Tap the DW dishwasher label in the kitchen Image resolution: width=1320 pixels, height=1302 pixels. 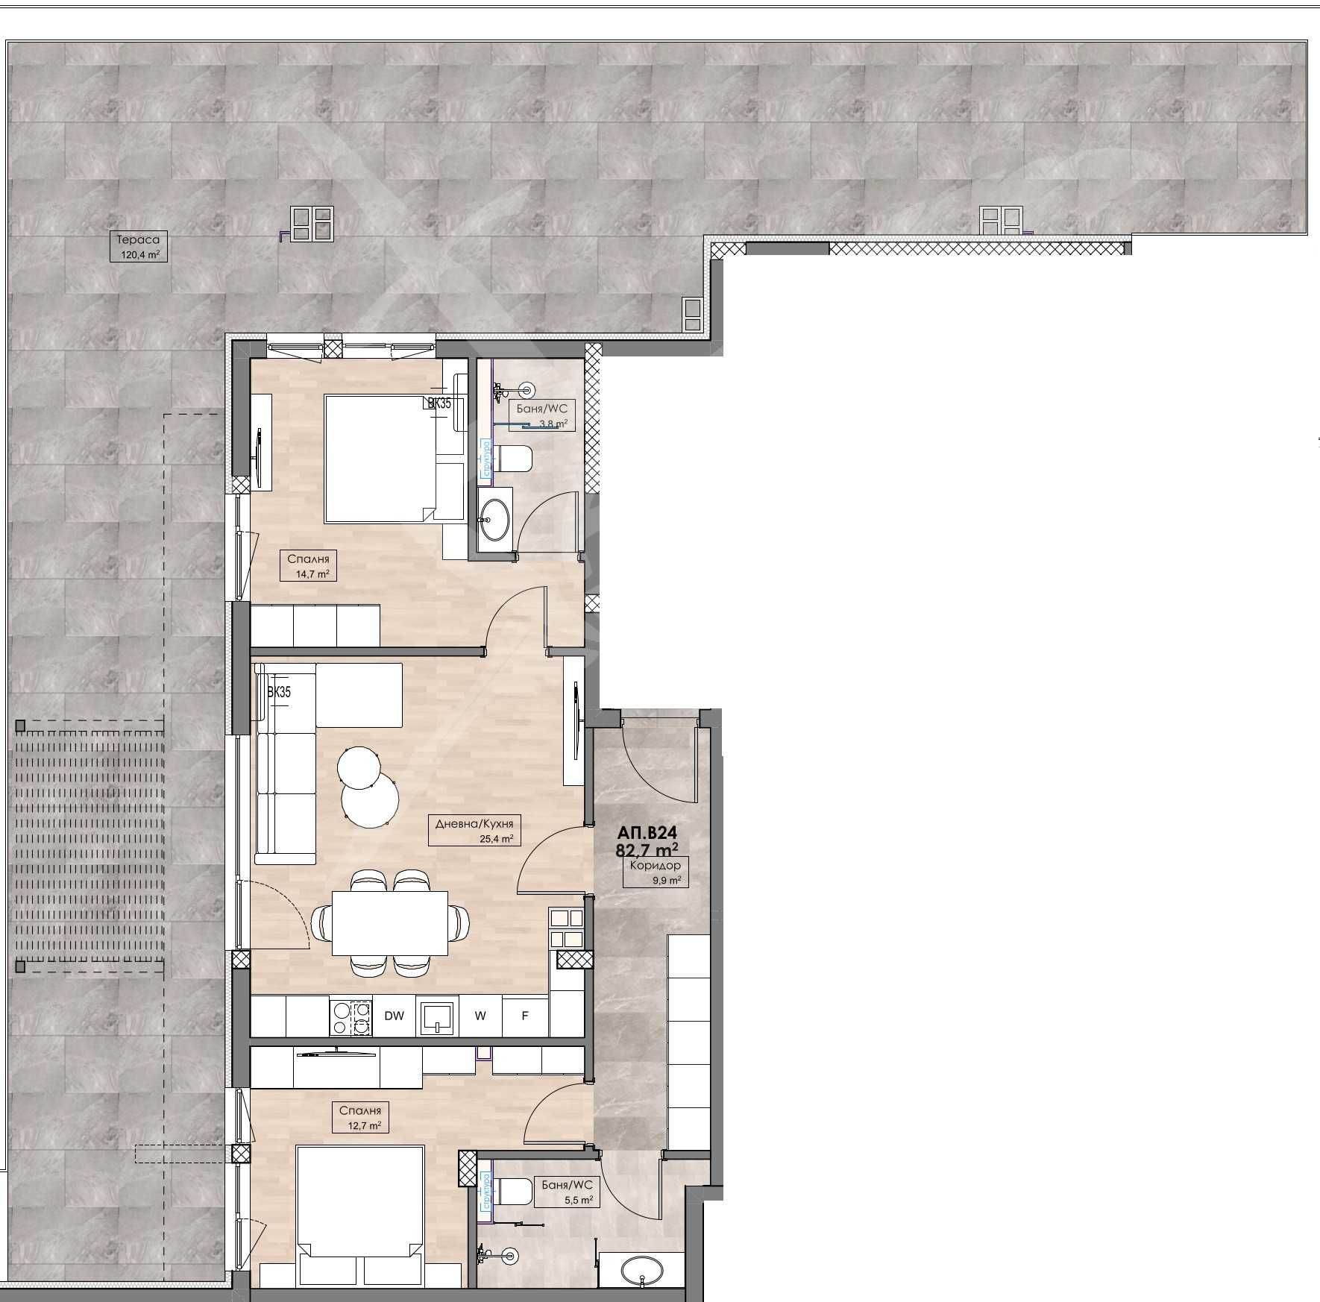(x=394, y=1016)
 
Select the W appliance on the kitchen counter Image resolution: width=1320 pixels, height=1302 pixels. (x=480, y=1016)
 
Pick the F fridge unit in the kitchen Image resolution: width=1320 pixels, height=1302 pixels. (x=525, y=1016)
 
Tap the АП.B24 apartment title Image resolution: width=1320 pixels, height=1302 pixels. (x=647, y=832)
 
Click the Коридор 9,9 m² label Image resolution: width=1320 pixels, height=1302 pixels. (x=656, y=872)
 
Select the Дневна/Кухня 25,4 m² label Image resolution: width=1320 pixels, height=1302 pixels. (x=475, y=830)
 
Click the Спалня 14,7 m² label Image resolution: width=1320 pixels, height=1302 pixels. (x=308, y=565)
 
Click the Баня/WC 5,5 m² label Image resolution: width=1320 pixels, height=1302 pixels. (x=568, y=1191)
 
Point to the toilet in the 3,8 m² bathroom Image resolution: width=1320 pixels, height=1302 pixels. (x=513, y=459)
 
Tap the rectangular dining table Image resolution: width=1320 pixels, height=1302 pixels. (x=390, y=923)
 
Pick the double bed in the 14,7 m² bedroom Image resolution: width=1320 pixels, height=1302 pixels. (x=380, y=459)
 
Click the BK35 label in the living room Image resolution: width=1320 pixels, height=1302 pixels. (x=279, y=692)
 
